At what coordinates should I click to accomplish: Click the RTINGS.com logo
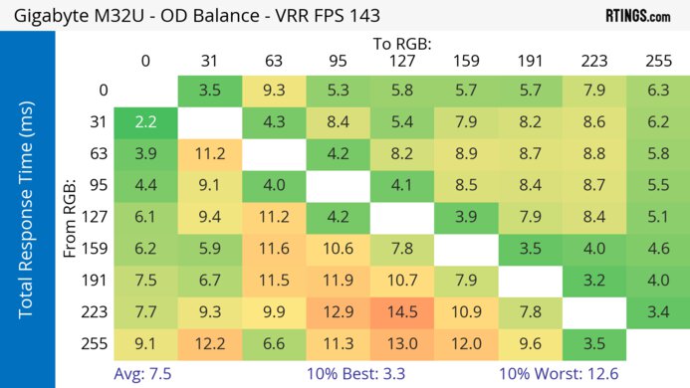click(637, 15)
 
